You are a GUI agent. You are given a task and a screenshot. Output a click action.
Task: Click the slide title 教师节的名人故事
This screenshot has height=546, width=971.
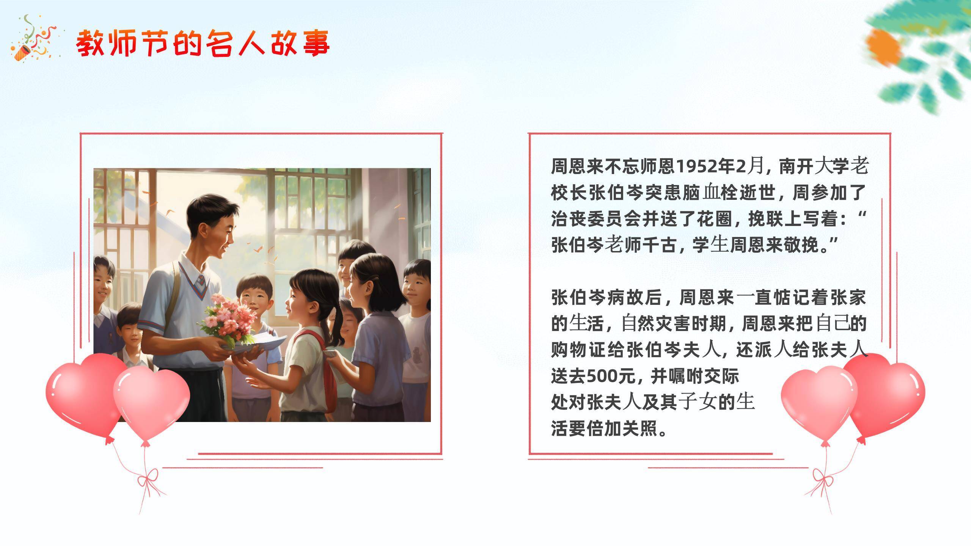pyautogui.click(x=203, y=44)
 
